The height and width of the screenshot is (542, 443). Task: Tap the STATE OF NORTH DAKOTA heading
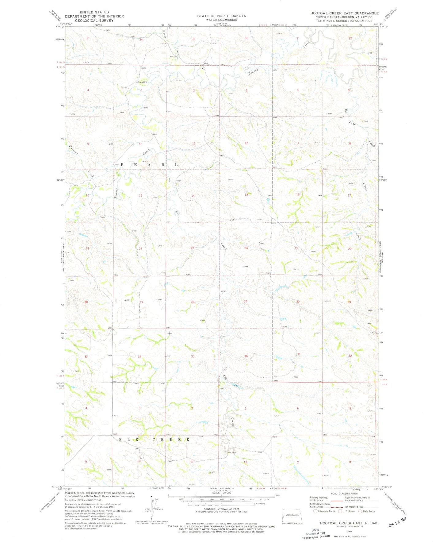pos(221,16)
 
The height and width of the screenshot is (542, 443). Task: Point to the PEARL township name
pos(149,165)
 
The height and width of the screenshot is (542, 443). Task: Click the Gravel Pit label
pos(143,82)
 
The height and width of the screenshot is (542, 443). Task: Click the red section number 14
pos(193,195)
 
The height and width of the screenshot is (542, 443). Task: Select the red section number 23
pos(193,248)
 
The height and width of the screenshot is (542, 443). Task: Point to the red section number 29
pos(349,302)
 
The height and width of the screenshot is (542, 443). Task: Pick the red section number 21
pos(87,248)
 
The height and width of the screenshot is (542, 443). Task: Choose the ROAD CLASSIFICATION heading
pos(345,494)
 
